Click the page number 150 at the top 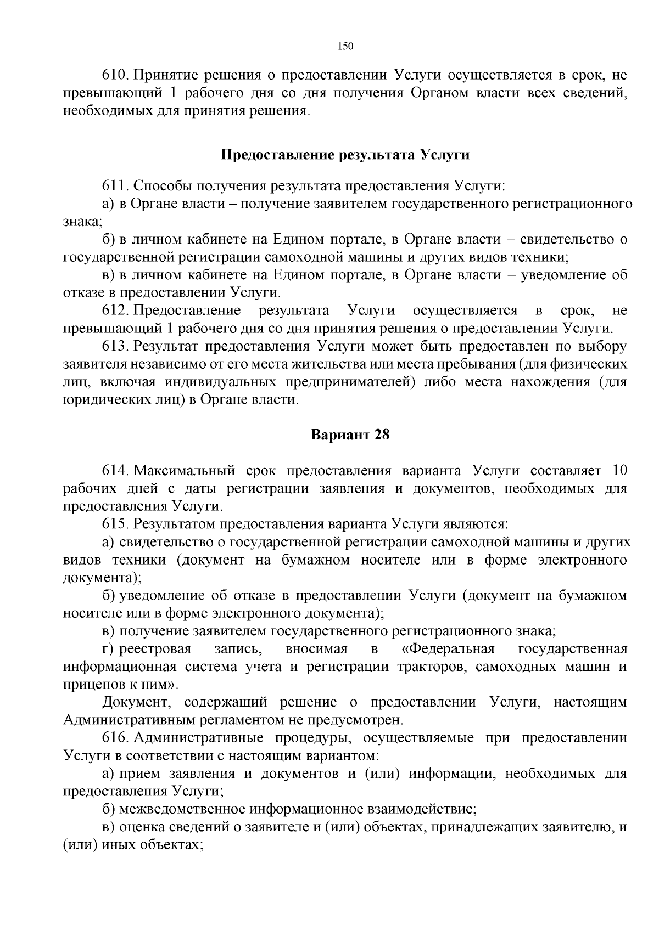(x=345, y=46)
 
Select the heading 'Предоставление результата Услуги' (x=345, y=155)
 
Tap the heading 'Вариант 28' (x=350, y=435)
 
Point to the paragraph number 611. (x=115, y=185)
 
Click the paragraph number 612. (x=115, y=311)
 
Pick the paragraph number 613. (x=115, y=347)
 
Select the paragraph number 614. (x=115, y=471)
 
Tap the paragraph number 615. (x=115, y=524)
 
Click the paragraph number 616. (x=115, y=738)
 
